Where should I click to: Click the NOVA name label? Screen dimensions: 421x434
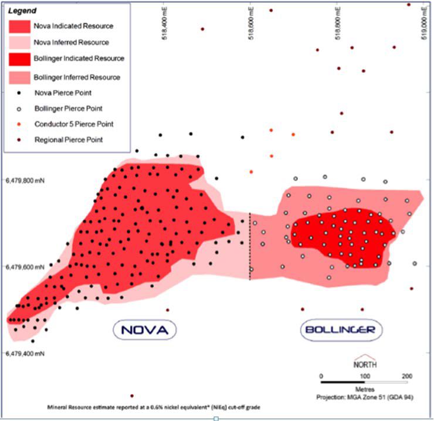pos(144,330)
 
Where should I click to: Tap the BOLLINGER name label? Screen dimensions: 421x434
pos(340,330)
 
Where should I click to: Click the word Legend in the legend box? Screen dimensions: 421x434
pos(22,11)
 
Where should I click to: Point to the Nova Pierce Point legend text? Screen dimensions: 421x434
pos(63,93)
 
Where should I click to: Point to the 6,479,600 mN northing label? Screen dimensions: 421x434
pos(25,267)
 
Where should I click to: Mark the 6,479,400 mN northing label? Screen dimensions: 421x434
pos(25,354)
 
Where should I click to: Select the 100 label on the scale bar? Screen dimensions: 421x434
pos(364,375)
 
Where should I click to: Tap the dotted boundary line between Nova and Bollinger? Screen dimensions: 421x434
pos(250,246)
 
